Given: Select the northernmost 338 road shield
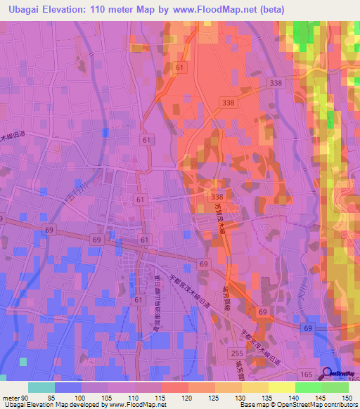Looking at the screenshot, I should point(275,83).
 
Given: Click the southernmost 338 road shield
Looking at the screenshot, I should point(217,197).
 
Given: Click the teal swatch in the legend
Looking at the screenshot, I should point(41,387).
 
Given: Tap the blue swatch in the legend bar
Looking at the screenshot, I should point(68,387).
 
